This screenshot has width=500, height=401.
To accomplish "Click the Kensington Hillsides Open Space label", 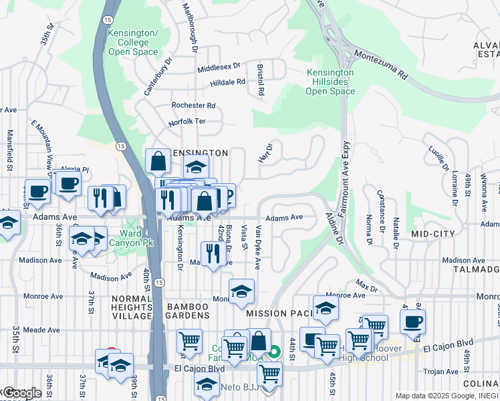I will click(330, 82).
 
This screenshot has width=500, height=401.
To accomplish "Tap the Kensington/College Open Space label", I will click(132, 42).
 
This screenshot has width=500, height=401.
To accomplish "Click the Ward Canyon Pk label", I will click(131, 238).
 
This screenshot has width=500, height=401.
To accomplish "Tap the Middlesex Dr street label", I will click(219, 68).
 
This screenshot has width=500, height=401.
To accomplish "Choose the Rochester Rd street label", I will click(193, 106).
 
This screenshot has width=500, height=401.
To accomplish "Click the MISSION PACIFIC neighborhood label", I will click(279, 313).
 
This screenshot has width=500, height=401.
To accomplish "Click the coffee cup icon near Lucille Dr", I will click(412, 320).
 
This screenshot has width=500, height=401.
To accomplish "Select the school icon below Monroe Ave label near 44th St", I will click(326, 307).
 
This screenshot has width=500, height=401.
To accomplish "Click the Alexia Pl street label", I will click(74, 170).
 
